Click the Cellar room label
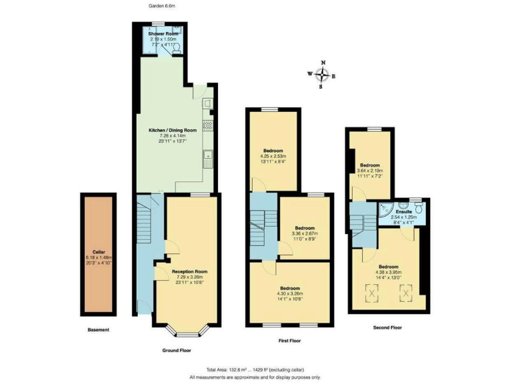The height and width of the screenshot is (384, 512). [x=98, y=251]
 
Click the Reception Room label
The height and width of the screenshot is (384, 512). [x=189, y=271]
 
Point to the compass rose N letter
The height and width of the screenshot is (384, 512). [x=323, y=63]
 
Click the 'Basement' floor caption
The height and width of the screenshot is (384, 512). [x=98, y=330]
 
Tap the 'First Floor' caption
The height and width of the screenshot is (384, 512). [x=289, y=341]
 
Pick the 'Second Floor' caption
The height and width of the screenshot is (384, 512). [x=387, y=327]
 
